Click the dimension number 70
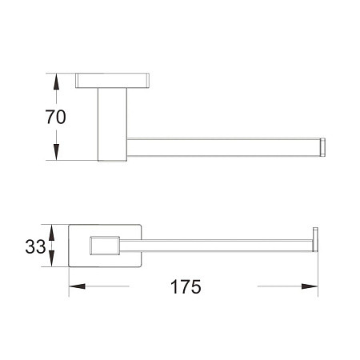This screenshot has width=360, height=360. (55, 117)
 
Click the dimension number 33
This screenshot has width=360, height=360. (35, 246)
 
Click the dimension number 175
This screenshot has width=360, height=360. (186, 286)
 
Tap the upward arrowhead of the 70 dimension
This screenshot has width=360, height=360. (56, 82)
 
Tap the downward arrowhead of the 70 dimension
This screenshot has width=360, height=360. (56, 152)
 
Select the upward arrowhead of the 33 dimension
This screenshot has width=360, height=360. (52, 233)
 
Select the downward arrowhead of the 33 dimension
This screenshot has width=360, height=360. (52, 258)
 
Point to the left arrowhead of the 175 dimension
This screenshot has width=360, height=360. (77, 286)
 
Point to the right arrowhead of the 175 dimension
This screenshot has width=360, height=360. (310, 286)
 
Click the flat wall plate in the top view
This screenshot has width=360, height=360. (112, 80)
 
